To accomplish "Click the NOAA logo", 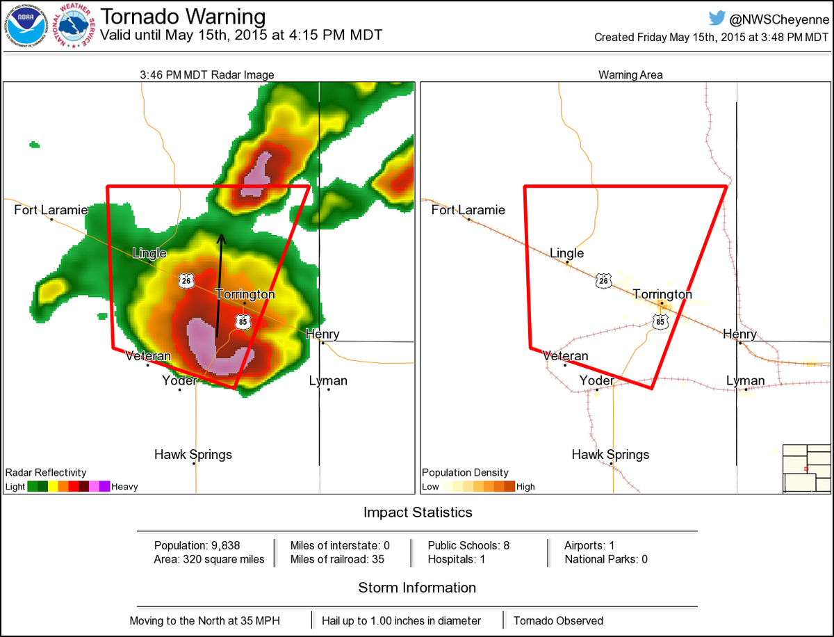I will pyautogui.click(x=26, y=27).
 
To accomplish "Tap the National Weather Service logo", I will pyautogui.click(x=75, y=27).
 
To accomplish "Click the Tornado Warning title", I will pyautogui.click(x=183, y=17).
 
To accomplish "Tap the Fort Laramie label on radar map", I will pyautogui.click(x=51, y=209).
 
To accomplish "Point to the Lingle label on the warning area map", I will pyautogui.click(x=567, y=253).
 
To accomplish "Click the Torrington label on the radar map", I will pyautogui.click(x=245, y=294).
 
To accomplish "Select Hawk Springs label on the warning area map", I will pyautogui.click(x=610, y=455).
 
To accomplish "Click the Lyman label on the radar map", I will pyautogui.click(x=328, y=380).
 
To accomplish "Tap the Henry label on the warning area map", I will pyautogui.click(x=739, y=334).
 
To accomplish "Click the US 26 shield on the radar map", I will pyautogui.click(x=185, y=280).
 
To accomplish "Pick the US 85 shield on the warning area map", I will pyautogui.click(x=660, y=321).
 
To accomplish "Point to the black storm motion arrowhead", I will pyautogui.click(x=222, y=238).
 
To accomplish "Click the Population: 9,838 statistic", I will pyautogui.click(x=197, y=545).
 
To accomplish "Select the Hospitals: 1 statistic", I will pyautogui.click(x=457, y=559).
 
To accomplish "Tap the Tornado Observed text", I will pyautogui.click(x=558, y=620).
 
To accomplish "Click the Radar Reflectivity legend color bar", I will pyautogui.click(x=69, y=487).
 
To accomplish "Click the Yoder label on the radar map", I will pyautogui.click(x=179, y=380).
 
